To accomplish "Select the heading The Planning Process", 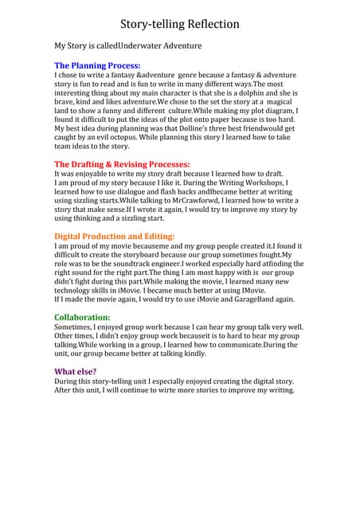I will pyautogui.click(x=97, y=65).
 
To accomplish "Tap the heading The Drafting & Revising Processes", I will pyautogui.click(x=122, y=164).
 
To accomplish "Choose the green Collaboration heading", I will pyautogui.click(x=82, y=317).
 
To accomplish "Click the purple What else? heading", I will pyautogui.click(x=75, y=371).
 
